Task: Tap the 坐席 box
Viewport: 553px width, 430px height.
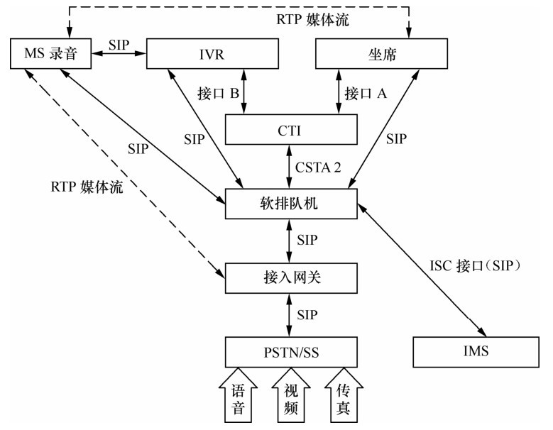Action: [381, 54]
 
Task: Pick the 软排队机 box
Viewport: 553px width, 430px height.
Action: [290, 204]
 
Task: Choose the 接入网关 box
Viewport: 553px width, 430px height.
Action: [290, 277]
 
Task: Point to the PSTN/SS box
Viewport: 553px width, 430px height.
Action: [290, 352]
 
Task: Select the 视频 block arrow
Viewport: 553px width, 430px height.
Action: [291, 397]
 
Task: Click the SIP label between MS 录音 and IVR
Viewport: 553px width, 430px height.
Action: [119, 43]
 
